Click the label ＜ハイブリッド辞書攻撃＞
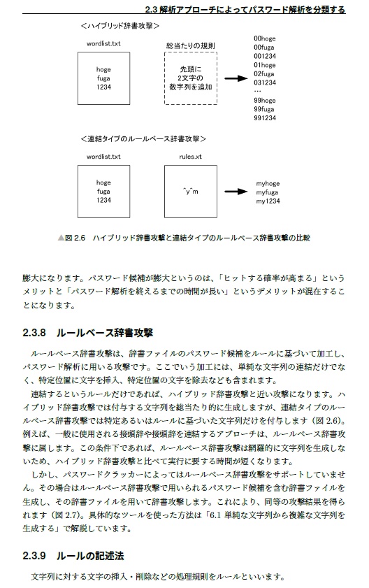click(x=120, y=26)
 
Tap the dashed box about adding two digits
click(x=186, y=80)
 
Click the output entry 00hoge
click(x=265, y=38)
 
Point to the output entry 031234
click(x=265, y=82)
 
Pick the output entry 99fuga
click(x=265, y=109)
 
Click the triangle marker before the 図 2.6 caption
click(x=61, y=238)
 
